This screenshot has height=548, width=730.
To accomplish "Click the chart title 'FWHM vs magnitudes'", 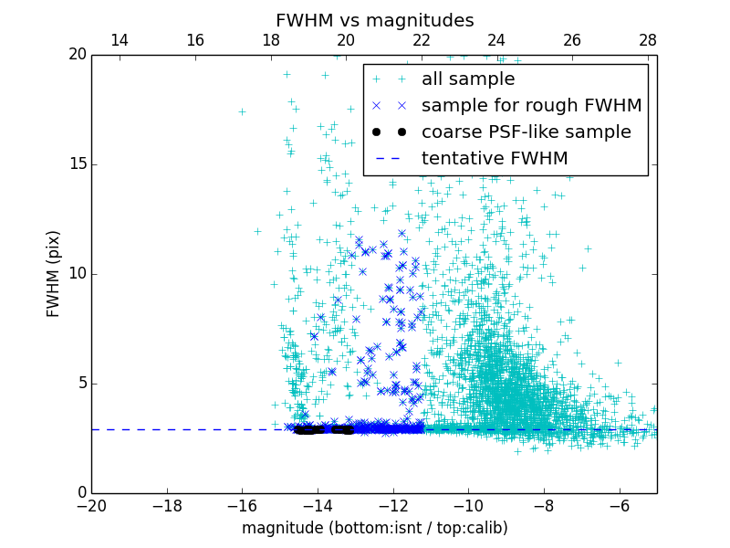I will point(374,20).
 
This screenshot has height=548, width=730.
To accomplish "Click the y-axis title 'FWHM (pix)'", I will point(54,274).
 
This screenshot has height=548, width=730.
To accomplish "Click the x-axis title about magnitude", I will point(374,528).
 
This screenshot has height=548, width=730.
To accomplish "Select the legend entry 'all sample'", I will point(467,79).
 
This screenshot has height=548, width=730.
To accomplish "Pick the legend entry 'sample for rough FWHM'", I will point(531,106).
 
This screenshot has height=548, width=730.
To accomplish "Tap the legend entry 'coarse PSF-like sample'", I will point(526,132).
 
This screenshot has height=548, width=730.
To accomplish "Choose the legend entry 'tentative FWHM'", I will point(494,159).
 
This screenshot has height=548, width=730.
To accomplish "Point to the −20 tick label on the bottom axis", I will point(91,505).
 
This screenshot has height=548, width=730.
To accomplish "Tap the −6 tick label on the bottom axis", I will point(619,505).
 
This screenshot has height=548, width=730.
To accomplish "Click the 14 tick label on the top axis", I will point(119,40).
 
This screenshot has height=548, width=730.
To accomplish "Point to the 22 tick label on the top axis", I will point(421,40).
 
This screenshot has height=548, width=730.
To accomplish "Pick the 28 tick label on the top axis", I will point(648,40).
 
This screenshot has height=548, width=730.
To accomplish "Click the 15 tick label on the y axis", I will point(76,164).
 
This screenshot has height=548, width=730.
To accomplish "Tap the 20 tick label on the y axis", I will point(76,55).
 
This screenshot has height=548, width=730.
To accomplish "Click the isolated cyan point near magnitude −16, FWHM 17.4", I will point(242,111).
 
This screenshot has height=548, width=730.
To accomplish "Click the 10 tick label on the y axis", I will point(76,274).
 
